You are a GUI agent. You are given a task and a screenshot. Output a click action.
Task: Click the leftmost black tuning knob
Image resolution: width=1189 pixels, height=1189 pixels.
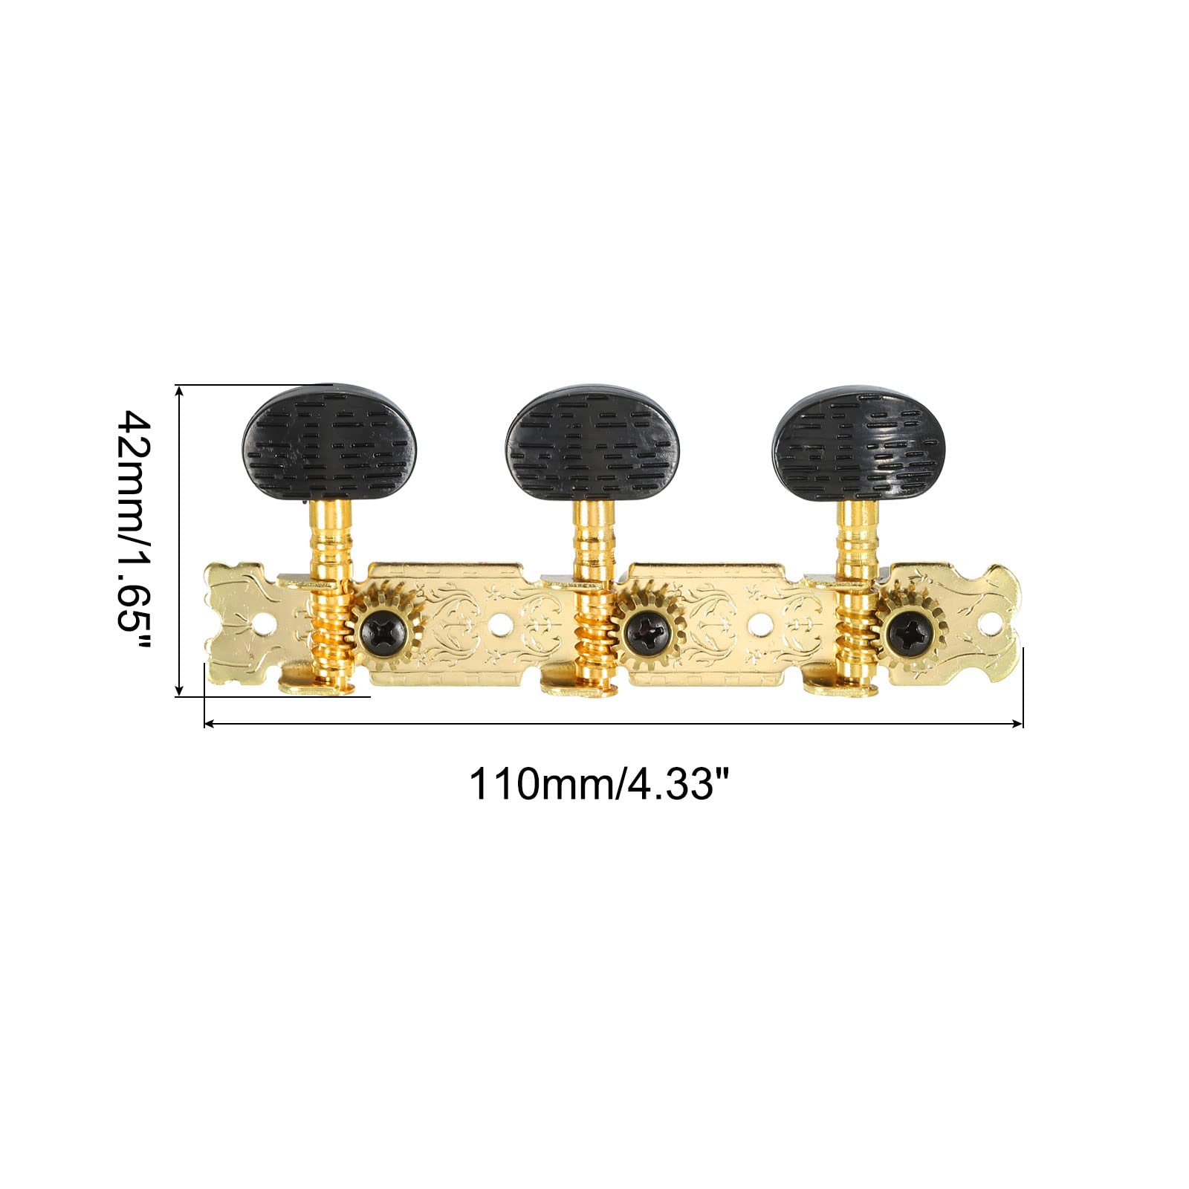pos(329,441)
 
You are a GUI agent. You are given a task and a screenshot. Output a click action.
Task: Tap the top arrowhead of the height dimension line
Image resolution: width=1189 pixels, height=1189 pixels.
pos(179,390)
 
